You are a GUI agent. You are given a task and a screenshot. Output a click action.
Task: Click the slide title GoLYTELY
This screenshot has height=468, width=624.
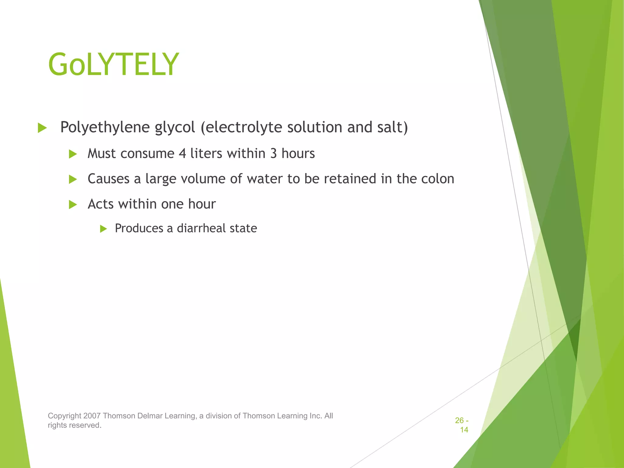tap(113, 65)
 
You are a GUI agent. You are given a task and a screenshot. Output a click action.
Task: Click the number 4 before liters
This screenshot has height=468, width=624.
tap(182, 154)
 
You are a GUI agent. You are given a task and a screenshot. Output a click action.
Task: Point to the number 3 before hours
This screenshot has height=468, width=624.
tap(273, 154)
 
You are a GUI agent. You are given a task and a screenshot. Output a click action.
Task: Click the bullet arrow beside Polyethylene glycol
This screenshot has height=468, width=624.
tap(42, 128)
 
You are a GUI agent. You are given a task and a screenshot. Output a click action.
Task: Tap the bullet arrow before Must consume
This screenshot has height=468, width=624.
tap(73, 154)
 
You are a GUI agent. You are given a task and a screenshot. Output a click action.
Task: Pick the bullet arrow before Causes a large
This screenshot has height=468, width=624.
tap(73, 179)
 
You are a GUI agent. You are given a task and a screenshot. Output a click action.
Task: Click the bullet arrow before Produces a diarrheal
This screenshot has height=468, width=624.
tap(103, 229)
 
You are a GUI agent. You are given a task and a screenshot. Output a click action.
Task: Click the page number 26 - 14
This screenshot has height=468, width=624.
tap(462, 425)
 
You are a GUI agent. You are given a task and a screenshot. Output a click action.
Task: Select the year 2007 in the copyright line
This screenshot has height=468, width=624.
tap(92, 416)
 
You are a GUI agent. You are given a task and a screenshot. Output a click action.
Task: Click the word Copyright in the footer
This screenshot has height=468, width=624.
tap(64, 416)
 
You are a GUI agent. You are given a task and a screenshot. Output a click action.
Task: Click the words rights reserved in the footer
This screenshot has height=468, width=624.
tap(74, 425)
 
